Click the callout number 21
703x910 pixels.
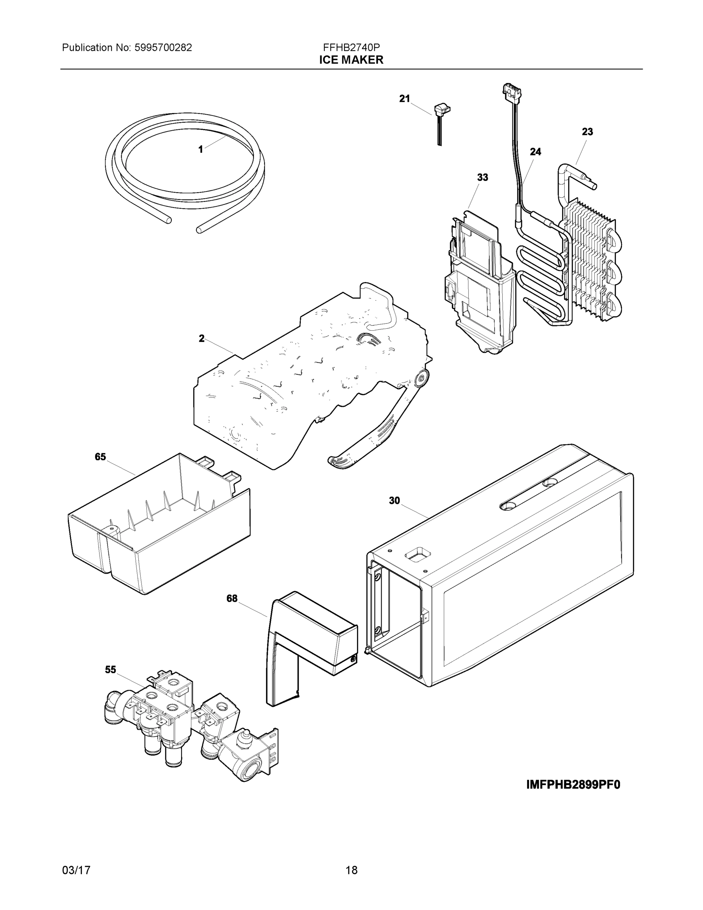click(x=404, y=99)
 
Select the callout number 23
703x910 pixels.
click(x=587, y=132)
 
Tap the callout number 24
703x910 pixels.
click(x=535, y=152)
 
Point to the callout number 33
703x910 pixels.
click(x=482, y=177)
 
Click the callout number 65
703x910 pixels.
click(x=100, y=457)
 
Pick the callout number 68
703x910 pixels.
click(x=232, y=599)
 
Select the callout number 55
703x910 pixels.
click(x=110, y=670)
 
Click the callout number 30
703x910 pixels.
click(x=395, y=501)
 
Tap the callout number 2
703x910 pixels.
click(x=202, y=339)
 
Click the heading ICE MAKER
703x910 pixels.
click(x=351, y=60)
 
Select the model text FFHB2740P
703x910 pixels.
click(x=351, y=47)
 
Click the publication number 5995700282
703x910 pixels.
click(x=163, y=47)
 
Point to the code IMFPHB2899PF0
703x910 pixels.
click(x=573, y=784)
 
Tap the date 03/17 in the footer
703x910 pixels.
click(x=76, y=871)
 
